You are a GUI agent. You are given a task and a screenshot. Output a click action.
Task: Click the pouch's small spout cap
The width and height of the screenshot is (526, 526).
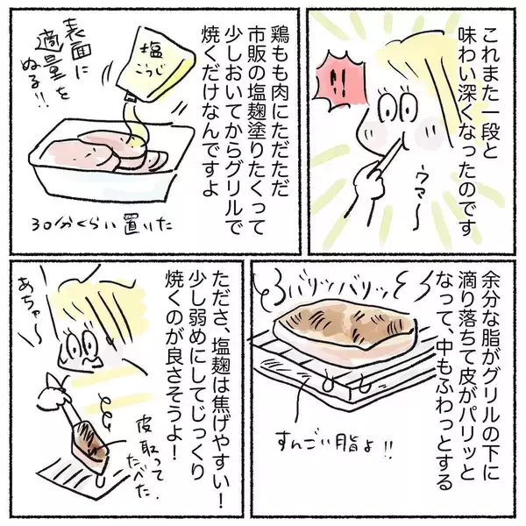pyautogui.click(x=130, y=97)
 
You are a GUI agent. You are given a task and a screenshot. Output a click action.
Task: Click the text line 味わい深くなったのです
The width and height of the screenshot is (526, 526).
pyautogui.click(x=466, y=131)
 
